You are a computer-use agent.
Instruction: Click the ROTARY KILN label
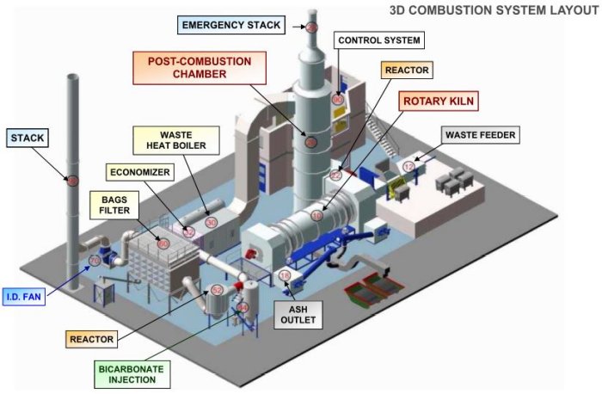point(439,101)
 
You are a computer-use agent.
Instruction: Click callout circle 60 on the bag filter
point(163,243)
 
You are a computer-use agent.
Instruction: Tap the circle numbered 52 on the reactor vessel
point(217,290)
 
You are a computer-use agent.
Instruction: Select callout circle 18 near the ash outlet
point(286,275)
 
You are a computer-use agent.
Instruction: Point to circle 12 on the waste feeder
point(408,165)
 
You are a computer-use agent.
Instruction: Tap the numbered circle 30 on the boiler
point(211,221)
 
